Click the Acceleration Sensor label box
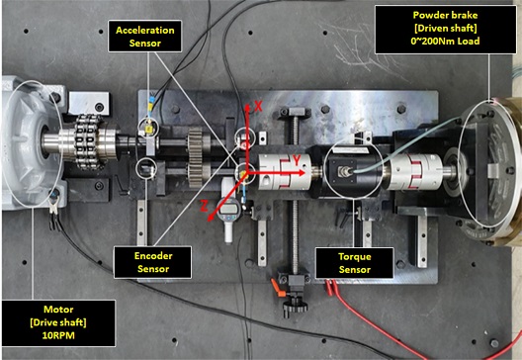144,37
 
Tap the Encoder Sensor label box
153,262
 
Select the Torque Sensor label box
355,263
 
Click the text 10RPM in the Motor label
58,335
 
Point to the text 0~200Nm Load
446,42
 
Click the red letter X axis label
258,106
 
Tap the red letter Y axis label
297,161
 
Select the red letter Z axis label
204,207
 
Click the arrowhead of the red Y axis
301,173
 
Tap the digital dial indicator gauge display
230,209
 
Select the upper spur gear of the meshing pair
195,144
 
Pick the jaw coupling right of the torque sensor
415,172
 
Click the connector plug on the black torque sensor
342,172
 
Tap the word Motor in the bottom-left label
58,310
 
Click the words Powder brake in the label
446,15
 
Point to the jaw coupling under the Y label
285,172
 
